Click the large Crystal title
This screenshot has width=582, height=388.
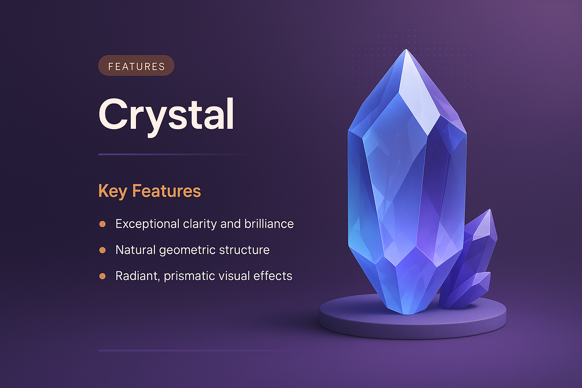(x=166, y=114)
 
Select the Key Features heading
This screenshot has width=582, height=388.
(x=149, y=191)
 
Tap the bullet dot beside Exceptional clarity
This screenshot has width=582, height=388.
(x=102, y=224)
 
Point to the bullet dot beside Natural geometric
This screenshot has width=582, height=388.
(x=102, y=250)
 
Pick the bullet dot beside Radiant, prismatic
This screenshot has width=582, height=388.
(x=102, y=276)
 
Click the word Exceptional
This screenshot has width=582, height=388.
(x=147, y=224)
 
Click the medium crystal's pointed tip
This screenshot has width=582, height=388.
(x=490, y=210)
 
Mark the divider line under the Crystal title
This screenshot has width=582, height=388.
(x=174, y=155)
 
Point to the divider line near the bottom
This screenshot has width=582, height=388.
(x=197, y=350)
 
